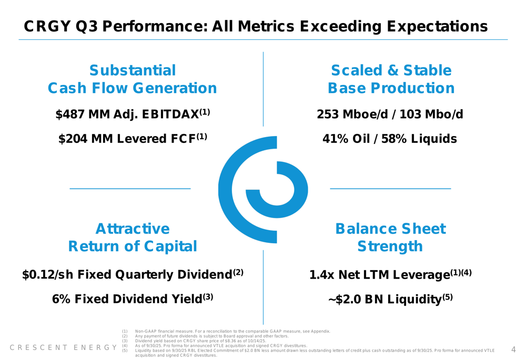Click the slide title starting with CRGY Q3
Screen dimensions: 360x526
(x=256, y=26)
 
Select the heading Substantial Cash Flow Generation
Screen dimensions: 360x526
(x=133, y=79)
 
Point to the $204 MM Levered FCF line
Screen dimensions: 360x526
(x=133, y=139)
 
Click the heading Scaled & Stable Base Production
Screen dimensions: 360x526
(x=391, y=79)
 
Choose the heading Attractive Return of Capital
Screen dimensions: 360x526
(x=133, y=238)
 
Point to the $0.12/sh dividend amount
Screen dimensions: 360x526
(x=47, y=275)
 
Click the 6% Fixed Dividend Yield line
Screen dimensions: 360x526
(x=133, y=299)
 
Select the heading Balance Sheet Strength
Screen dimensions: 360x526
(x=390, y=238)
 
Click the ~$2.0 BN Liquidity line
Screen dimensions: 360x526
(x=390, y=299)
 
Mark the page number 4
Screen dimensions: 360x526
(x=513, y=349)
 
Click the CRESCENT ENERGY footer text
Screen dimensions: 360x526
(x=64, y=347)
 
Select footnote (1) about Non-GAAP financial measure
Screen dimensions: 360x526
(x=231, y=331)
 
